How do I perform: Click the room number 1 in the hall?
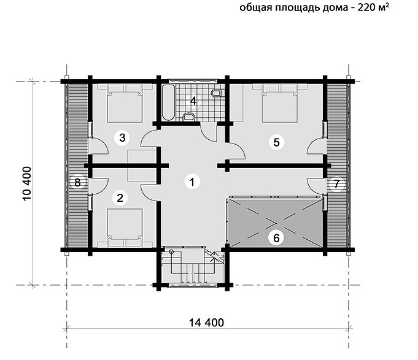click(x=192, y=182)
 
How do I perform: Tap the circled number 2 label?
click(x=120, y=198)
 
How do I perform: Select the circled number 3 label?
click(x=122, y=137)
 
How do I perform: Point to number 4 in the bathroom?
click(x=193, y=101)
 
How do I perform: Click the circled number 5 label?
click(x=276, y=142)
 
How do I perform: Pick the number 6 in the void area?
click(x=276, y=237)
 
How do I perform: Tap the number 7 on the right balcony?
click(x=336, y=184)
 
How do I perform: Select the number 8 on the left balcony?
click(x=77, y=183)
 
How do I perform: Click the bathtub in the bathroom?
click(x=168, y=103)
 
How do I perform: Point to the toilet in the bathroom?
click(x=216, y=93)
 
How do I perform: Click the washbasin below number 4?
click(x=189, y=117)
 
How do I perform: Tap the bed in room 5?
click(x=280, y=103)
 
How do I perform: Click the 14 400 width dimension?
click(x=207, y=323)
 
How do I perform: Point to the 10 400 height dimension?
click(x=27, y=184)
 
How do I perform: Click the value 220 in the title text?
click(x=366, y=7)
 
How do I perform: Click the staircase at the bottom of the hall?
click(x=192, y=266)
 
